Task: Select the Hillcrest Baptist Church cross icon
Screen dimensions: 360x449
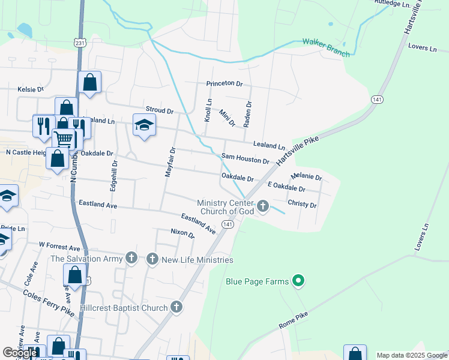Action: [176, 308]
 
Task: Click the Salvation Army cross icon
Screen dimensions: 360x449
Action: [132, 259]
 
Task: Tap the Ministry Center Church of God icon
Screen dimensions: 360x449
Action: [263, 207]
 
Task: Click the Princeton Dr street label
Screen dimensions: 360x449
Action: [224, 83]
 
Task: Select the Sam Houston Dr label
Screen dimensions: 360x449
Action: [245, 158]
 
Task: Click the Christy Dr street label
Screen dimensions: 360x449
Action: [302, 205]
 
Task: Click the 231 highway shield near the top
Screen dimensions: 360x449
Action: [80, 43]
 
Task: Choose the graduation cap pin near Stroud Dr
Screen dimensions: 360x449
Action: [144, 125]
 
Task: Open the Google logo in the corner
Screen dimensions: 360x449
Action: [20, 352]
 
